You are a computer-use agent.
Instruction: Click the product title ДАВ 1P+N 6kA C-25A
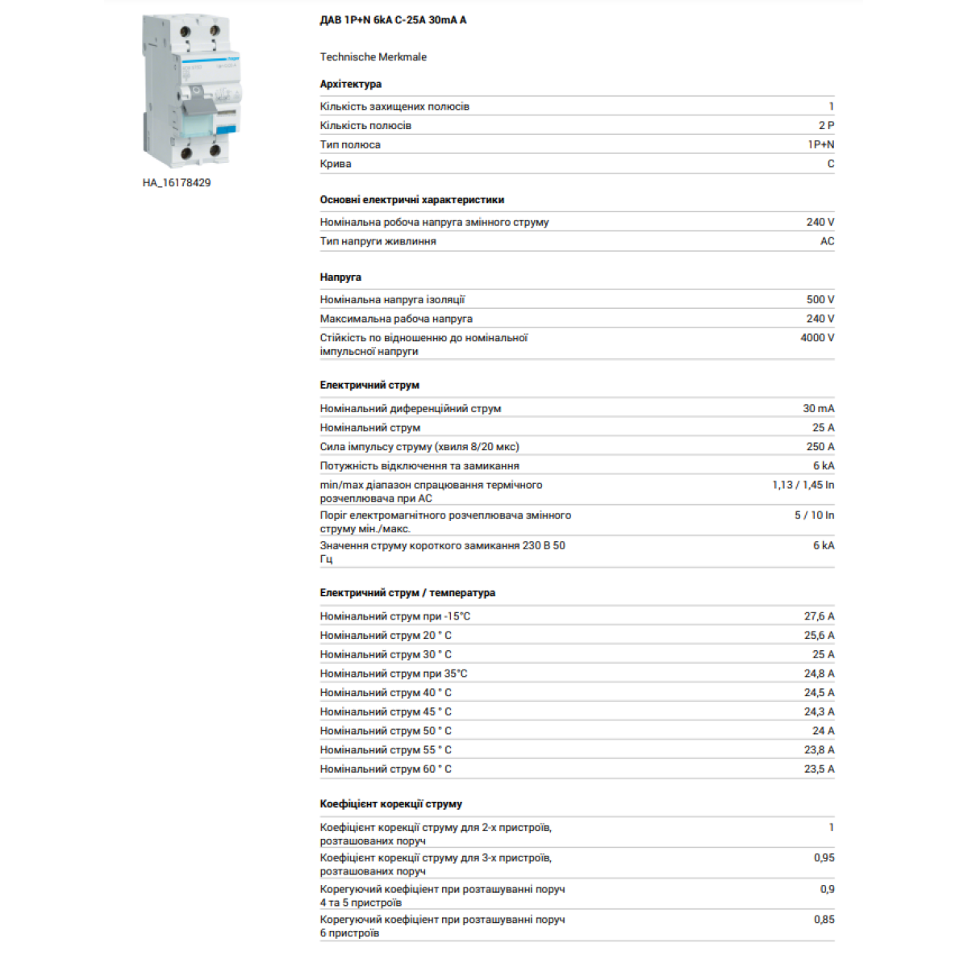click(x=393, y=20)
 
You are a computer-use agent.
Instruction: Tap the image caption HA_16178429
click(x=177, y=183)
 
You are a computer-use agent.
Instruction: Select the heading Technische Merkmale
click(x=373, y=56)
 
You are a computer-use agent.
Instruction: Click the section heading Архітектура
click(x=350, y=84)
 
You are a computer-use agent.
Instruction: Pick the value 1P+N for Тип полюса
click(x=820, y=144)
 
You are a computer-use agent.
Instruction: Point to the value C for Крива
click(x=830, y=164)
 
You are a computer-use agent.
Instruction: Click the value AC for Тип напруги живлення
click(x=827, y=241)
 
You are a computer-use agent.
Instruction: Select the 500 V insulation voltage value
click(x=820, y=299)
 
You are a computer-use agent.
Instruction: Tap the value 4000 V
click(x=816, y=338)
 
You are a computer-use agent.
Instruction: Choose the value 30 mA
click(x=818, y=408)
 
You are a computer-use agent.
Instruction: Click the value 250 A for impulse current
click(x=820, y=447)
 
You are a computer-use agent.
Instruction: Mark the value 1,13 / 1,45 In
click(x=803, y=485)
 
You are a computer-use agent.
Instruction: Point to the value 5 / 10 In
click(x=814, y=515)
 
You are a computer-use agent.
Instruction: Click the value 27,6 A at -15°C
click(x=819, y=616)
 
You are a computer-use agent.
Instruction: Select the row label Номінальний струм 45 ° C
click(x=386, y=711)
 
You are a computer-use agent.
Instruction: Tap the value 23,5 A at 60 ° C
click(x=819, y=769)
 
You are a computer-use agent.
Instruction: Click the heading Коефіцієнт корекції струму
click(x=390, y=804)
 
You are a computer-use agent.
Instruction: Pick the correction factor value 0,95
click(x=824, y=857)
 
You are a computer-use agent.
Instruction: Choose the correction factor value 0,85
click(x=824, y=919)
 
